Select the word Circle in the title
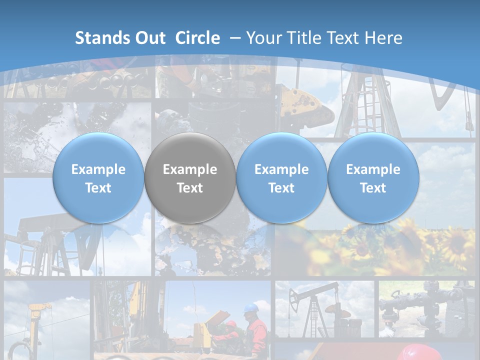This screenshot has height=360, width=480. point(197,38)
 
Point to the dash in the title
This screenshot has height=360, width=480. point(235,38)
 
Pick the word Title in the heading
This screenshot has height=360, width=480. point(302,38)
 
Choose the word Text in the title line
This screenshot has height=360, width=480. point(342,38)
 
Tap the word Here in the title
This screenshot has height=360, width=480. point(383,38)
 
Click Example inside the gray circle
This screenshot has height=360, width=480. point(190,169)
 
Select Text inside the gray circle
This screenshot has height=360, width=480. point(190,188)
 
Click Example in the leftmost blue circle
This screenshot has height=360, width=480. point(98,169)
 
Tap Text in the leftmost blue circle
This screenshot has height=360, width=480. point(98,188)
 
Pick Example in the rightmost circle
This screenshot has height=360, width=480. point(373,169)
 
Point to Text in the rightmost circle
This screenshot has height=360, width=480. point(373,188)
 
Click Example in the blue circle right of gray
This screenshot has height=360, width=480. point(281,169)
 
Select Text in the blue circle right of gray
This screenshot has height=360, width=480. point(281,188)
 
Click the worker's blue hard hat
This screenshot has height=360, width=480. point(250,307)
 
